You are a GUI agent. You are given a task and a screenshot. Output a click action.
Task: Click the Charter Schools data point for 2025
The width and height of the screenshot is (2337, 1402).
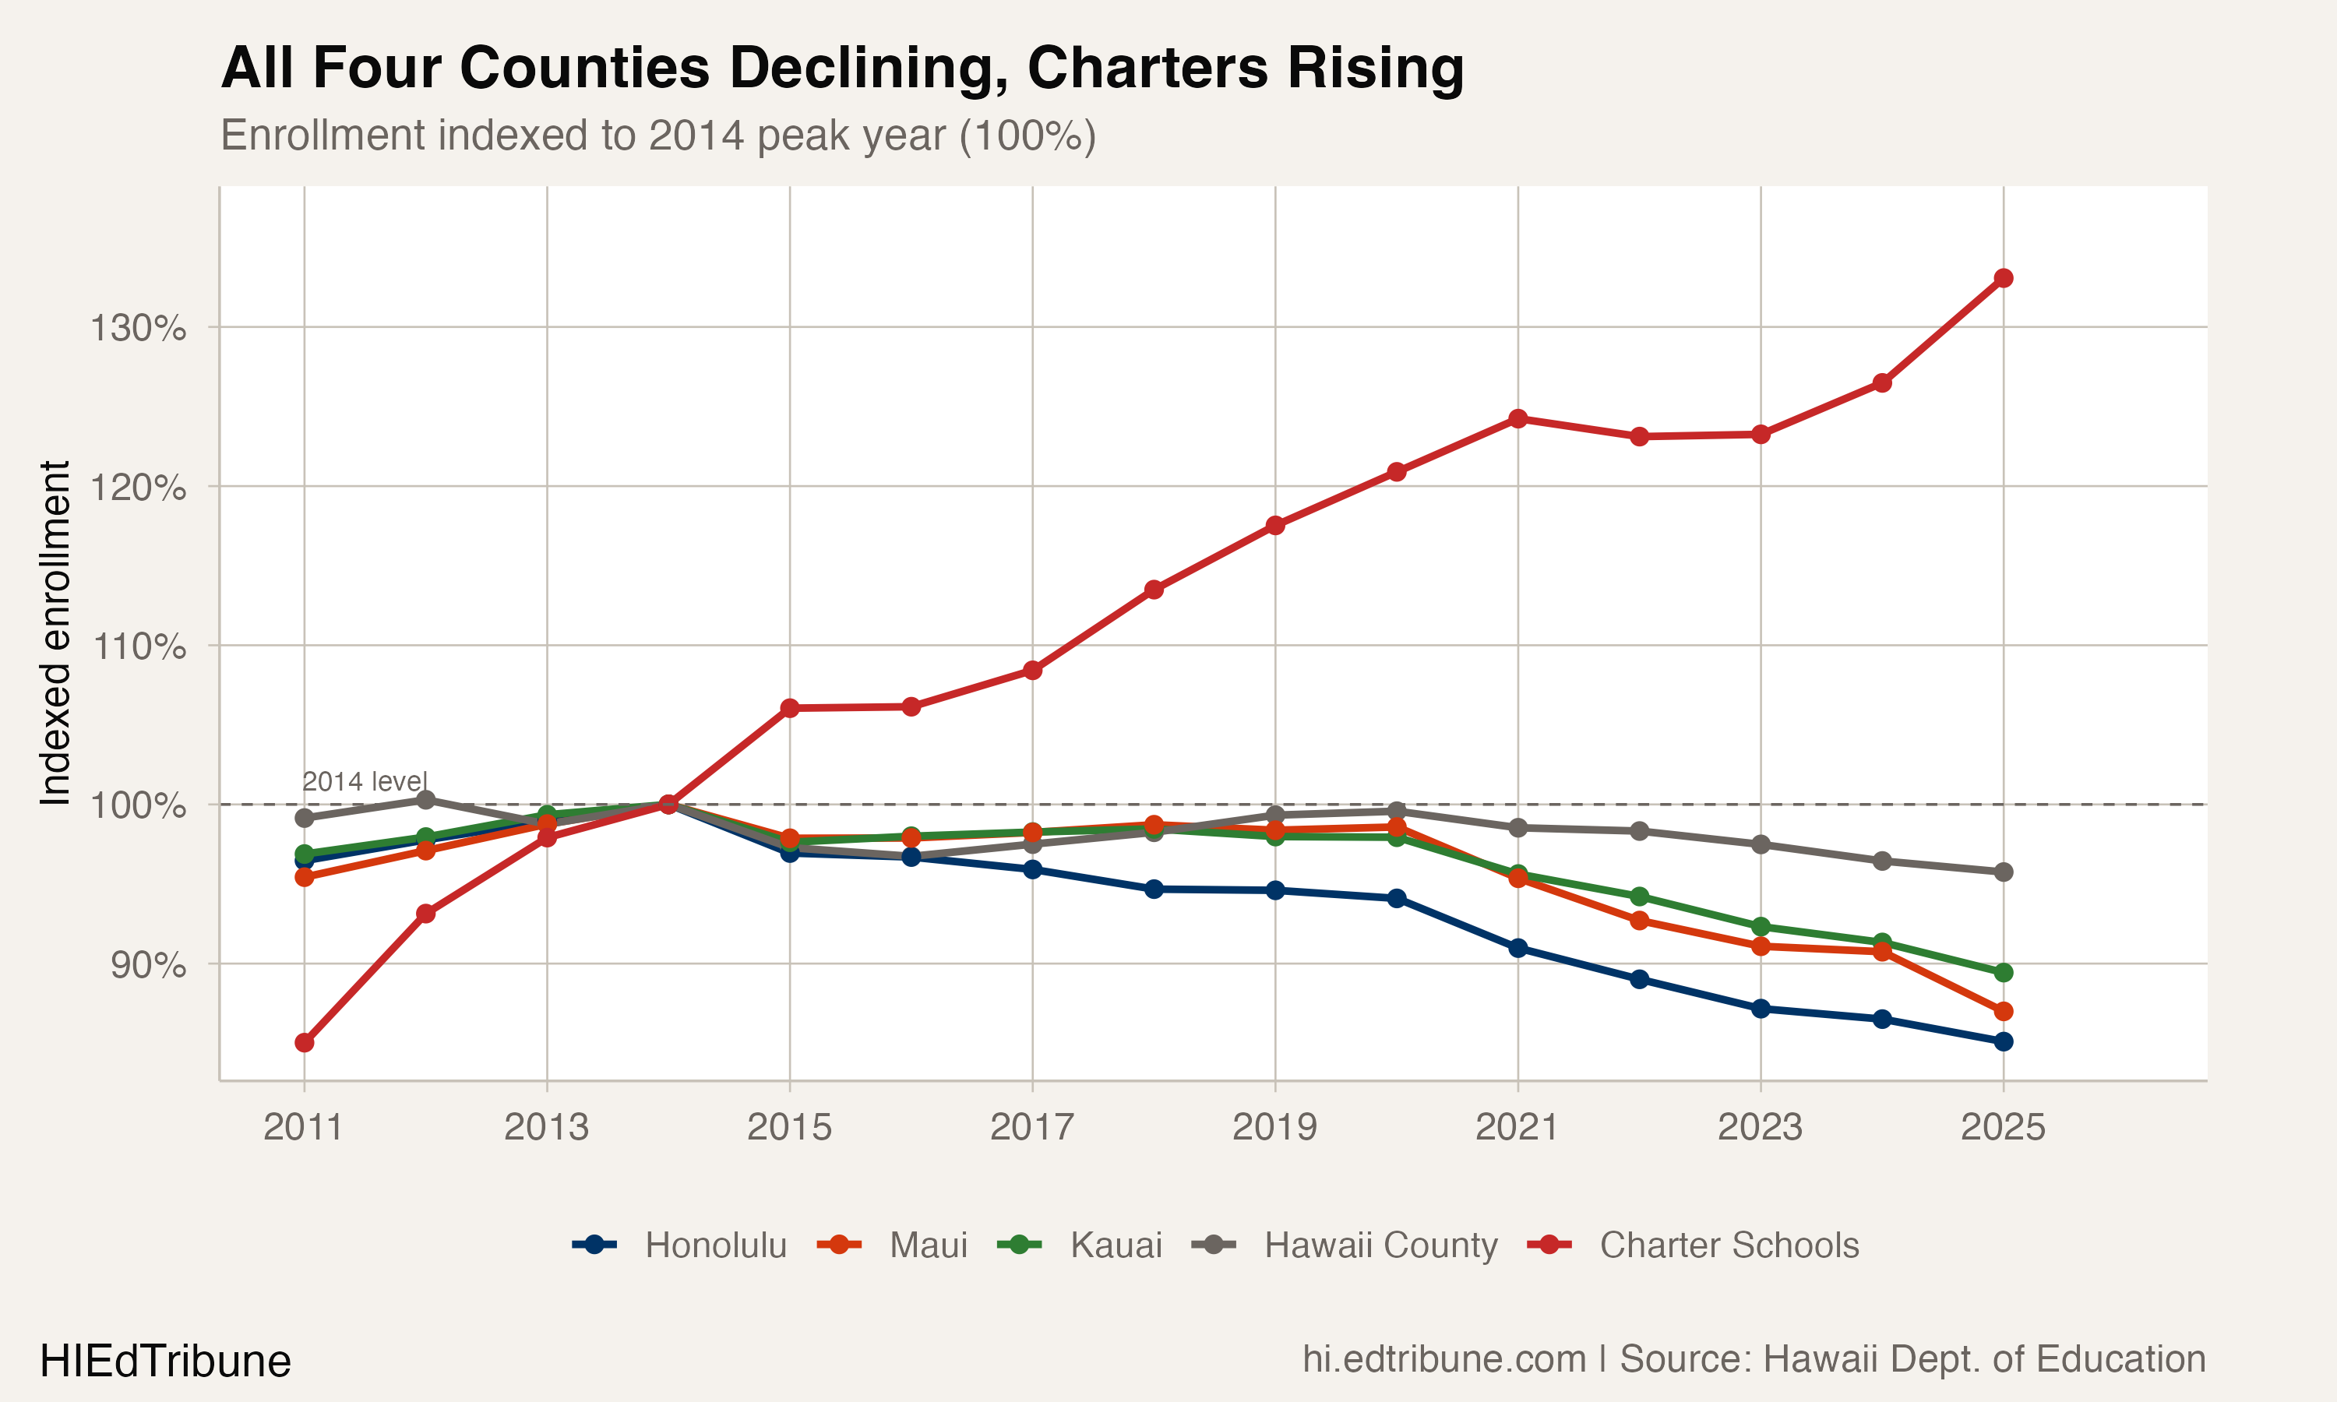tap(2003, 278)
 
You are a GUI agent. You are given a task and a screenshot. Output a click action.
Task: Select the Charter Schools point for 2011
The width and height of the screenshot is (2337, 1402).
tap(304, 1043)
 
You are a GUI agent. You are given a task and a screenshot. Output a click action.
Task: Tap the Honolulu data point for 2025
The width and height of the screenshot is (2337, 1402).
tap(2003, 1042)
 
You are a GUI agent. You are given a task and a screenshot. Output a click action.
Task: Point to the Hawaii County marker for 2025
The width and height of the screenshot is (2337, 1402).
tap(2003, 872)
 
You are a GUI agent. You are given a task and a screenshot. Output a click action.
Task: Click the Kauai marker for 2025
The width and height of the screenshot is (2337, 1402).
tap(2003, 973)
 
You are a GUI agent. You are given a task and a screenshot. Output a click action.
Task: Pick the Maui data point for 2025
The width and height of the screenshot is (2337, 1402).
tap(2003, 1012)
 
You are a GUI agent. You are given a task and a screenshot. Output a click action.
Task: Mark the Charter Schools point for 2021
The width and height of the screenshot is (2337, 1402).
tap(1518, 418)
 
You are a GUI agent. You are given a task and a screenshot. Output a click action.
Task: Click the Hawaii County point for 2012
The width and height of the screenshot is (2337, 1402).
tap(426, 800)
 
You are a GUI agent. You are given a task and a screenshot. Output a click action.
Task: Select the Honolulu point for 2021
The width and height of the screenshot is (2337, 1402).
tap(1518, 948)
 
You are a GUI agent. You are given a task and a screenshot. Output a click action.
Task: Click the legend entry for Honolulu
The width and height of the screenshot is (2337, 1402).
tap(715, 1245)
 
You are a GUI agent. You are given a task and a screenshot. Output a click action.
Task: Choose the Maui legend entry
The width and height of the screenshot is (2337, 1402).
tap(928, 1245)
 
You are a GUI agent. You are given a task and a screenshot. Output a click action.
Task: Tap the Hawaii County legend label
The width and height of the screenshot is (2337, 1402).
tap(1380, 1245)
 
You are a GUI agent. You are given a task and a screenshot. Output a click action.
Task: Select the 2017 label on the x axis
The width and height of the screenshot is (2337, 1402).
tap(1031, 1127)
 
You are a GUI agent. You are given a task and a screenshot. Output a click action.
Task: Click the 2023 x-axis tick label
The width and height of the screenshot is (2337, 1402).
tap(1760, 1127)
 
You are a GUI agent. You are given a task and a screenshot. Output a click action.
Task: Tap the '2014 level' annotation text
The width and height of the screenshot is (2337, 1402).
tap(365, 781)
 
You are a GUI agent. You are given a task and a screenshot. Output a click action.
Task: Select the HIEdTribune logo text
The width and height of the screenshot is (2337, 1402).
tap(165, 1361)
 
